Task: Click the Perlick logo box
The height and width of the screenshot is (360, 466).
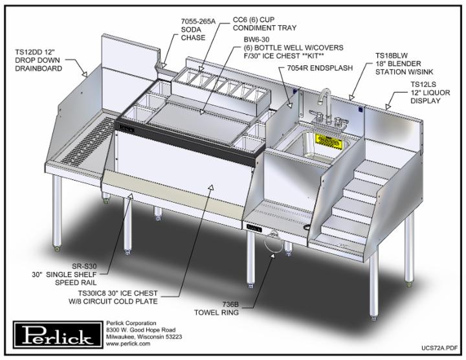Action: [x=58, y=335]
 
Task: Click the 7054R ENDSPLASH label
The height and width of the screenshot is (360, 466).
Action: [x=320, y=68]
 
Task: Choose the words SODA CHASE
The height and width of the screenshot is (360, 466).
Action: [x=193, y=34]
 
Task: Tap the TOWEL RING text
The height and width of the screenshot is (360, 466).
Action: [x=216, y=313]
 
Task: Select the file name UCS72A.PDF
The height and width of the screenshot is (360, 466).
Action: [x=439, y=348]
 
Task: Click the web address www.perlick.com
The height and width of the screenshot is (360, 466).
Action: [x=128, y=344]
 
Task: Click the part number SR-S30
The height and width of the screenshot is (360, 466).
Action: [x=84, y=266]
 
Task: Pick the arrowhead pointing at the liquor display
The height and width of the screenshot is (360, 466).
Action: [x=388, y=107]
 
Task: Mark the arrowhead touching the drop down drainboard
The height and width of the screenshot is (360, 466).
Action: [x=84, y=74]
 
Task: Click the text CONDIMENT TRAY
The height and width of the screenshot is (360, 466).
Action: [x=265, y=28]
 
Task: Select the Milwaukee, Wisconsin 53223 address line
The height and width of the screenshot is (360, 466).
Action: [x=144, y=337]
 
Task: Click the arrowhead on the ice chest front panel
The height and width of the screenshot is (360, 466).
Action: [x=211, y=187]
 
